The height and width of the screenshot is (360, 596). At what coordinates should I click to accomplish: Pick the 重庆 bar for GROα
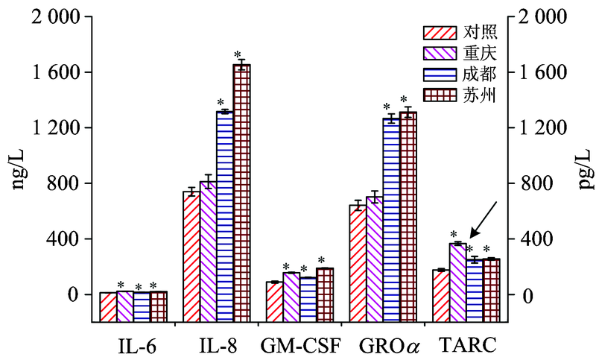click(x=375, y=246)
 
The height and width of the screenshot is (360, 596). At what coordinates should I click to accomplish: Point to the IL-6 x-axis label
click(x=134, y=345)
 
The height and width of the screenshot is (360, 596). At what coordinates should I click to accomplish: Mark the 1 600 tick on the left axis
click(x=67, y=72)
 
